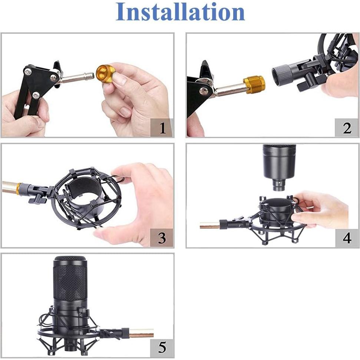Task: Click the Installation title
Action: (x=180, y=12)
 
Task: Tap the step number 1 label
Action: (x=162, y=128)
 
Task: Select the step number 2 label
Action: (x=347, y=128)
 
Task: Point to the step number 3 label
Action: (x=162, y=238)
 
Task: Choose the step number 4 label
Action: (x=347, y=238)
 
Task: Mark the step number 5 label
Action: (x=162, y=348)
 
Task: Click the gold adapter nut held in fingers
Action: (x=105, y=73)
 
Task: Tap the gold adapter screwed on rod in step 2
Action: (x=254, y=85)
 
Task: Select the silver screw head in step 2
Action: (x=204, y=91)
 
